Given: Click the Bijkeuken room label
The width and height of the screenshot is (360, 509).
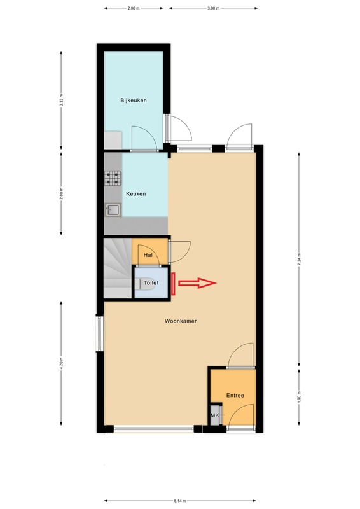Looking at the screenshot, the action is (134, 101).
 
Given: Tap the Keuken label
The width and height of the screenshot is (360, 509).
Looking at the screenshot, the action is (135, 194).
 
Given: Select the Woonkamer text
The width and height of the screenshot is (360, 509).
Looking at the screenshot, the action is (181, 321).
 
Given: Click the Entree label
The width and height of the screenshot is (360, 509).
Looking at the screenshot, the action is (235, 395).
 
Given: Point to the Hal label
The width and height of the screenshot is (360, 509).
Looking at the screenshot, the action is (148, 255).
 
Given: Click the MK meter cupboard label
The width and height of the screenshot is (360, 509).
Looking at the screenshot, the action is (214, 415).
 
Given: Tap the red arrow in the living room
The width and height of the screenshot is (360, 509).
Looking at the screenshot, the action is (197, 283).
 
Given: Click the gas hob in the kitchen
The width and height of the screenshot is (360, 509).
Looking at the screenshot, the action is (113, 178).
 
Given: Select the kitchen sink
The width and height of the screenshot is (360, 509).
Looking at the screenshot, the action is (113, 210).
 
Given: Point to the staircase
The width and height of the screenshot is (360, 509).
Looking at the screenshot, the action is (117, 268).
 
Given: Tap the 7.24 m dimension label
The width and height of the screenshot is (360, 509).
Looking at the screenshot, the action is (299, 260).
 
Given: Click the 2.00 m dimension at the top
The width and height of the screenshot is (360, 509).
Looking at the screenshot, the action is (134, 8).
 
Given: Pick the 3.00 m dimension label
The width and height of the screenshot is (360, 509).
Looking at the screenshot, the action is (213, 8).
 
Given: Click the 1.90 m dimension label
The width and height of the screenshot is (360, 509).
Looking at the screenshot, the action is (299, 396).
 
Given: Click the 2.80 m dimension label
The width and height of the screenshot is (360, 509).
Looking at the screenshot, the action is (61, 194).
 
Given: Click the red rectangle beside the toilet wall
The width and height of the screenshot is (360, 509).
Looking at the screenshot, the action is (174, 284).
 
